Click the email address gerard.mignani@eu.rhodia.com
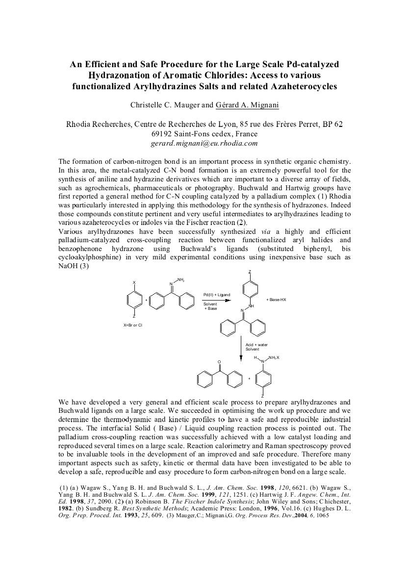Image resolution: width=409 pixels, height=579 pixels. coord(204,144)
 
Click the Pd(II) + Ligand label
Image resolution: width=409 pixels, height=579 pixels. coord(216,295)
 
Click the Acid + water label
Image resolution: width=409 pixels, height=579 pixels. coord(256,345)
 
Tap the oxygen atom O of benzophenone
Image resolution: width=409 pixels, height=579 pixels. coord(220,362)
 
